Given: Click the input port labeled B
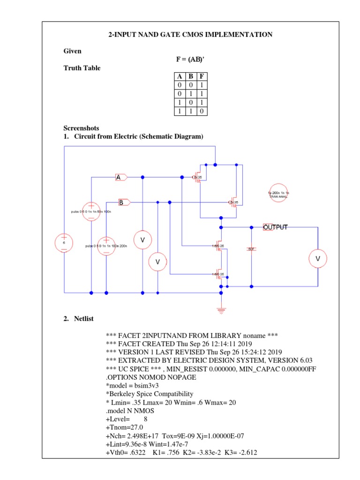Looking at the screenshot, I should tap(124, 202).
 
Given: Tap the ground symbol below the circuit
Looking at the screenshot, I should tap(221, 309).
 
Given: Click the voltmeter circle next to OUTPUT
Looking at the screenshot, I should tap(318, 258).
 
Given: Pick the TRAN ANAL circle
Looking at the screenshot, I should tap(278, 195).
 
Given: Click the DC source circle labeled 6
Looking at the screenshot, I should tap(64, 243).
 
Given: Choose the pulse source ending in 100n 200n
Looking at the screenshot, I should tap(106, 246).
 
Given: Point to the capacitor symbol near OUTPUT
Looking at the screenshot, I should tap(251, 248).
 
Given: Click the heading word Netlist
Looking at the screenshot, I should tap(84, 319).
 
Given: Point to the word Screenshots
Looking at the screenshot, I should tap(81, 128).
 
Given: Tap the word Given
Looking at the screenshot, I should tap(72, 51).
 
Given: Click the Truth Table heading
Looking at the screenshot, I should tap(82, 68).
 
